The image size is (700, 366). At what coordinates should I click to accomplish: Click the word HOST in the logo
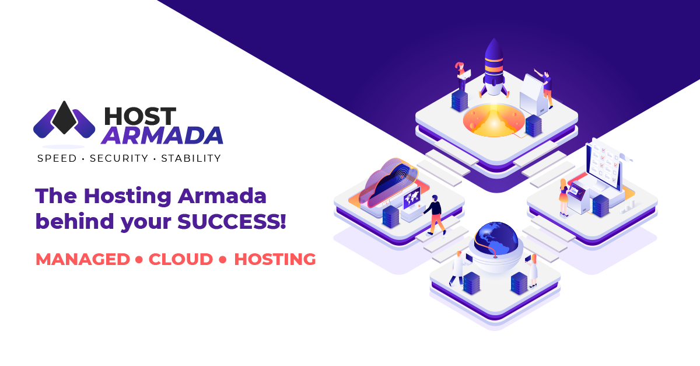pyautogui.click(x=141, y=116)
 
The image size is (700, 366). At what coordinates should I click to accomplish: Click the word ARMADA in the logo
pyautogui.click(x=162, y=135)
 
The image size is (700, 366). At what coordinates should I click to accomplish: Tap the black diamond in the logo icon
pyautogui.click(x=64, y=117)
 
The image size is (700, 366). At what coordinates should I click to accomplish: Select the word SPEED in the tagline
pyautogui.click(x=57, y=158)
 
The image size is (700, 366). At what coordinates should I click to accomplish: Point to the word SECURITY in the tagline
pyautogui.click(x=119, y=158)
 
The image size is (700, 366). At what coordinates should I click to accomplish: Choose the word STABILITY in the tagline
pyautogui.click(x=191, y=158)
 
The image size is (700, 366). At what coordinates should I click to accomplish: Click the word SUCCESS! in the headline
pyautogui.click(x=232, y=221)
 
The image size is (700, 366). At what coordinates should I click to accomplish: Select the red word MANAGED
pyautogui.click(x=83, y=259)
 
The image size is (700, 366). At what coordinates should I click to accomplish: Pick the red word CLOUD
pyautogui.click(x=181, y=259)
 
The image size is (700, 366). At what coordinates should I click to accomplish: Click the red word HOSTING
pyautogui.click(x=275, y=259)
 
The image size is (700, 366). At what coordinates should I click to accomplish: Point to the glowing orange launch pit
pyautogui.click(x=494, y=121)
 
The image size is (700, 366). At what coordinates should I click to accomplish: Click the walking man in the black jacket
pyautogui.click(x=435, y=215)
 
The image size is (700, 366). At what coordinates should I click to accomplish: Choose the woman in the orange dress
pyautogui.click(x=563, y=198)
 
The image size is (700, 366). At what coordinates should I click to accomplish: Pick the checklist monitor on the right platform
pyautogui.click(x=603, y=166)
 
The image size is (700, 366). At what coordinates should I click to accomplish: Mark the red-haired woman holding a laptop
pyautogui.click(x=461, y=77)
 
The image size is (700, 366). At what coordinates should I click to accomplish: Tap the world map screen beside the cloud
pyautogui.click(x=412, y=198)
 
